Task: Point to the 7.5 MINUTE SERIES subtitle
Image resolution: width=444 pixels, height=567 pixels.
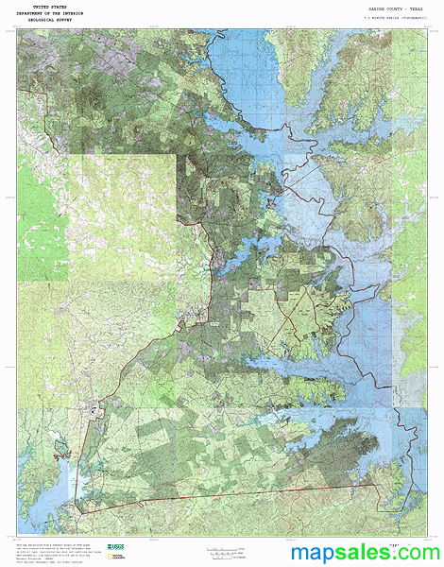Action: (388, 17)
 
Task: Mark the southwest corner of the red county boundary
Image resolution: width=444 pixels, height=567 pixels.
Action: (77, 511)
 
